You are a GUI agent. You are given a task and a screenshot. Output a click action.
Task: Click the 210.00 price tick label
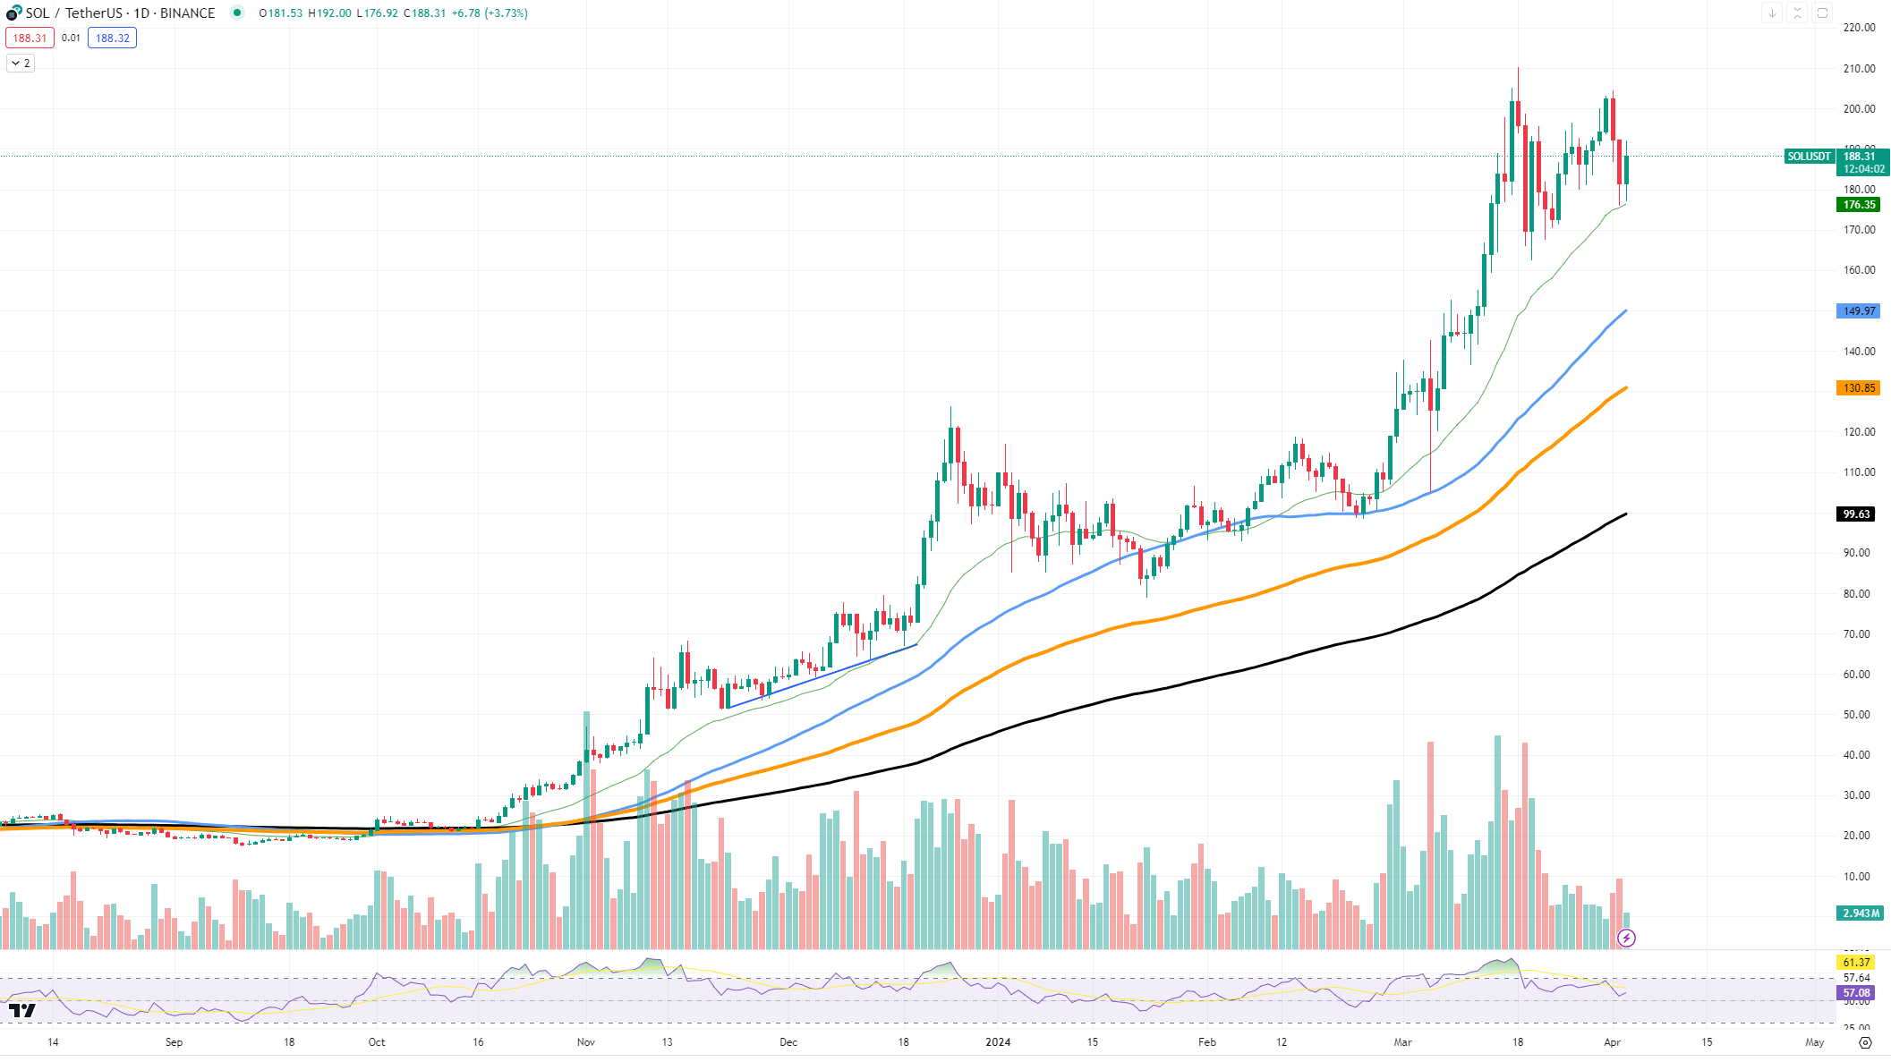coord(1859,69)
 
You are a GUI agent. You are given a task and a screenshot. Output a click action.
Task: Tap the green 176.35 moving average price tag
coord(1858,205)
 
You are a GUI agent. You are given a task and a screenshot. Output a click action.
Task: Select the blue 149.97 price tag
coord(1858,311)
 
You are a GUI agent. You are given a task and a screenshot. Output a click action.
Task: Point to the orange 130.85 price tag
coord(1858,388)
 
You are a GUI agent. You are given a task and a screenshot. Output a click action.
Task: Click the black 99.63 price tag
coord(1856,514)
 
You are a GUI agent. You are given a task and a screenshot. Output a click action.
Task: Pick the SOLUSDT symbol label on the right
coord(1809,157)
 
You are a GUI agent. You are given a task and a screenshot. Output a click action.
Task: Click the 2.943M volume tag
coord(1860,913)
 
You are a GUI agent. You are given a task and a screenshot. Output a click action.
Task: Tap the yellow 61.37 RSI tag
coord(1856,963)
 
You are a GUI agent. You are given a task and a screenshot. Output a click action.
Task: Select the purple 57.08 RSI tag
coord(1856,993)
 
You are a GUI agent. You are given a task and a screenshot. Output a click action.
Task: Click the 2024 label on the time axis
coord(998,1042)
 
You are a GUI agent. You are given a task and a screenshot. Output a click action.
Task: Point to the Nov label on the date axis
coord(586,1042)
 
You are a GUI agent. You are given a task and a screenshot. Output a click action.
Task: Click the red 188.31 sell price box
coord(30,38)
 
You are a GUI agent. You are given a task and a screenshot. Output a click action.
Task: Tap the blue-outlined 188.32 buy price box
coord(112,38)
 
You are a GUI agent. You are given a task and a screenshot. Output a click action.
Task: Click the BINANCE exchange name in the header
coord(187,13)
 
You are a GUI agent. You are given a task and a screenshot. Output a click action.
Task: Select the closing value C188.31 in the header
coord(424,13)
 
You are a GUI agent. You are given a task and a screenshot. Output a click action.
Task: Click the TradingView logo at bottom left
coord(22,1010)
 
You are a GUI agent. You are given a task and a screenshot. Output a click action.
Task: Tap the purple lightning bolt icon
coord(1626,938)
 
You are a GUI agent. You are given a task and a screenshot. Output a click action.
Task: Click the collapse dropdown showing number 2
coord(21,64)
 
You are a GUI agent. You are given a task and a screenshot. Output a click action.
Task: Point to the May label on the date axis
coord(1814,1042)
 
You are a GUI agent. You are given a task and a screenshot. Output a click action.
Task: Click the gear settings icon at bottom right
coord(1865,1042)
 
